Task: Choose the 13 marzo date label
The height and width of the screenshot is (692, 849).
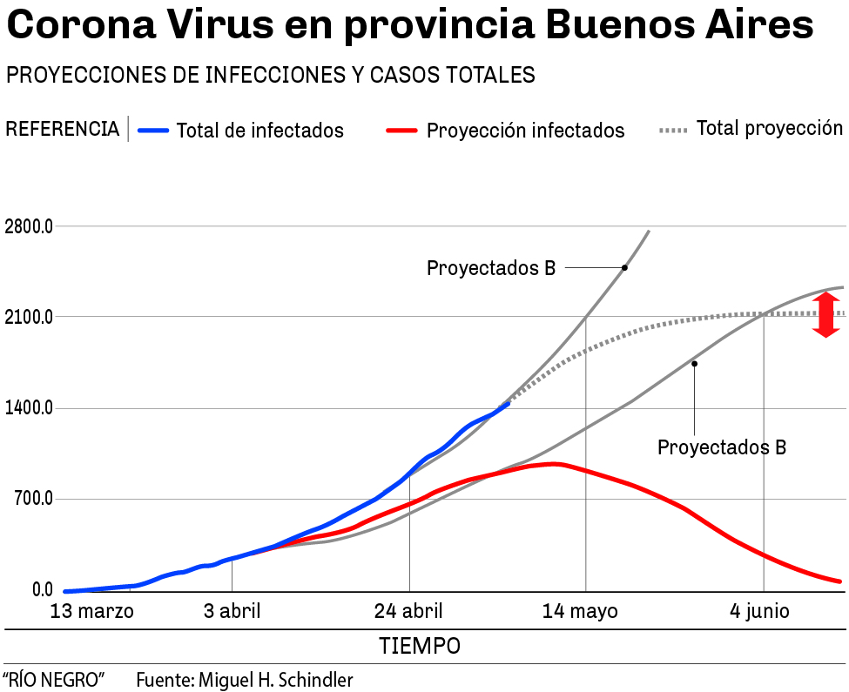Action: pos(92,611)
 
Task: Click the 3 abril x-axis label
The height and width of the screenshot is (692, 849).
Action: pos(232,611)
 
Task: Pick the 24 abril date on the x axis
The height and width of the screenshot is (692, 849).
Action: pos(408,611)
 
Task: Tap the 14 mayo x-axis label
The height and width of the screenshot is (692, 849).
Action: pos(580,611)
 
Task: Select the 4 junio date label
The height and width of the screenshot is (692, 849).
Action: pos(759,611)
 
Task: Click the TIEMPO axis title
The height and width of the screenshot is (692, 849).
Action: pos(420,647)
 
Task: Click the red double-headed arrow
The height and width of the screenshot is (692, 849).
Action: pos(825,315)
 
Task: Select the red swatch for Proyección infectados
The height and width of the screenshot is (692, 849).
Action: pos(401,131)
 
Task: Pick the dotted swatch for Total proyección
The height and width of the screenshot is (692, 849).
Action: pos(674,131)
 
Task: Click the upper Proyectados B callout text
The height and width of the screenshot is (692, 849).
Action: pos(491,268)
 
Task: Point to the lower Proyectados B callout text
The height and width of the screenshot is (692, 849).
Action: pos(722,447)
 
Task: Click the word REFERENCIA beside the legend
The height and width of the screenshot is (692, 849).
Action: pos(63,130)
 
